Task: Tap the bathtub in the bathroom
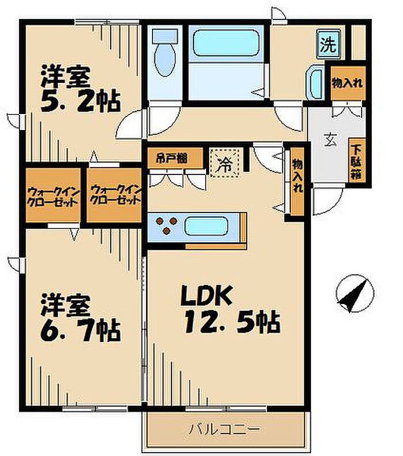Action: point(226,43)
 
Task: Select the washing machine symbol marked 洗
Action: point(329,44)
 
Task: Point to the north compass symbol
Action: point(355,293)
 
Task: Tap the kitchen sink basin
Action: point(207,226)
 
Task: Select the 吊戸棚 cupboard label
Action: point(172,158)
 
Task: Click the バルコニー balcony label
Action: point(224,428)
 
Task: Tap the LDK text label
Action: point(207,295)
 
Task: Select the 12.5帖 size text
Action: point(232,322)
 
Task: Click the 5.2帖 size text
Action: point(80,101)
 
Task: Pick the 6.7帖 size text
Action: point(80,330)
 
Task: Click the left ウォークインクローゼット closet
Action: point(53,195)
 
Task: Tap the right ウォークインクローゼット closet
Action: point(114,195)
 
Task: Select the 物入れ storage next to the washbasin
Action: point(348,83)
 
